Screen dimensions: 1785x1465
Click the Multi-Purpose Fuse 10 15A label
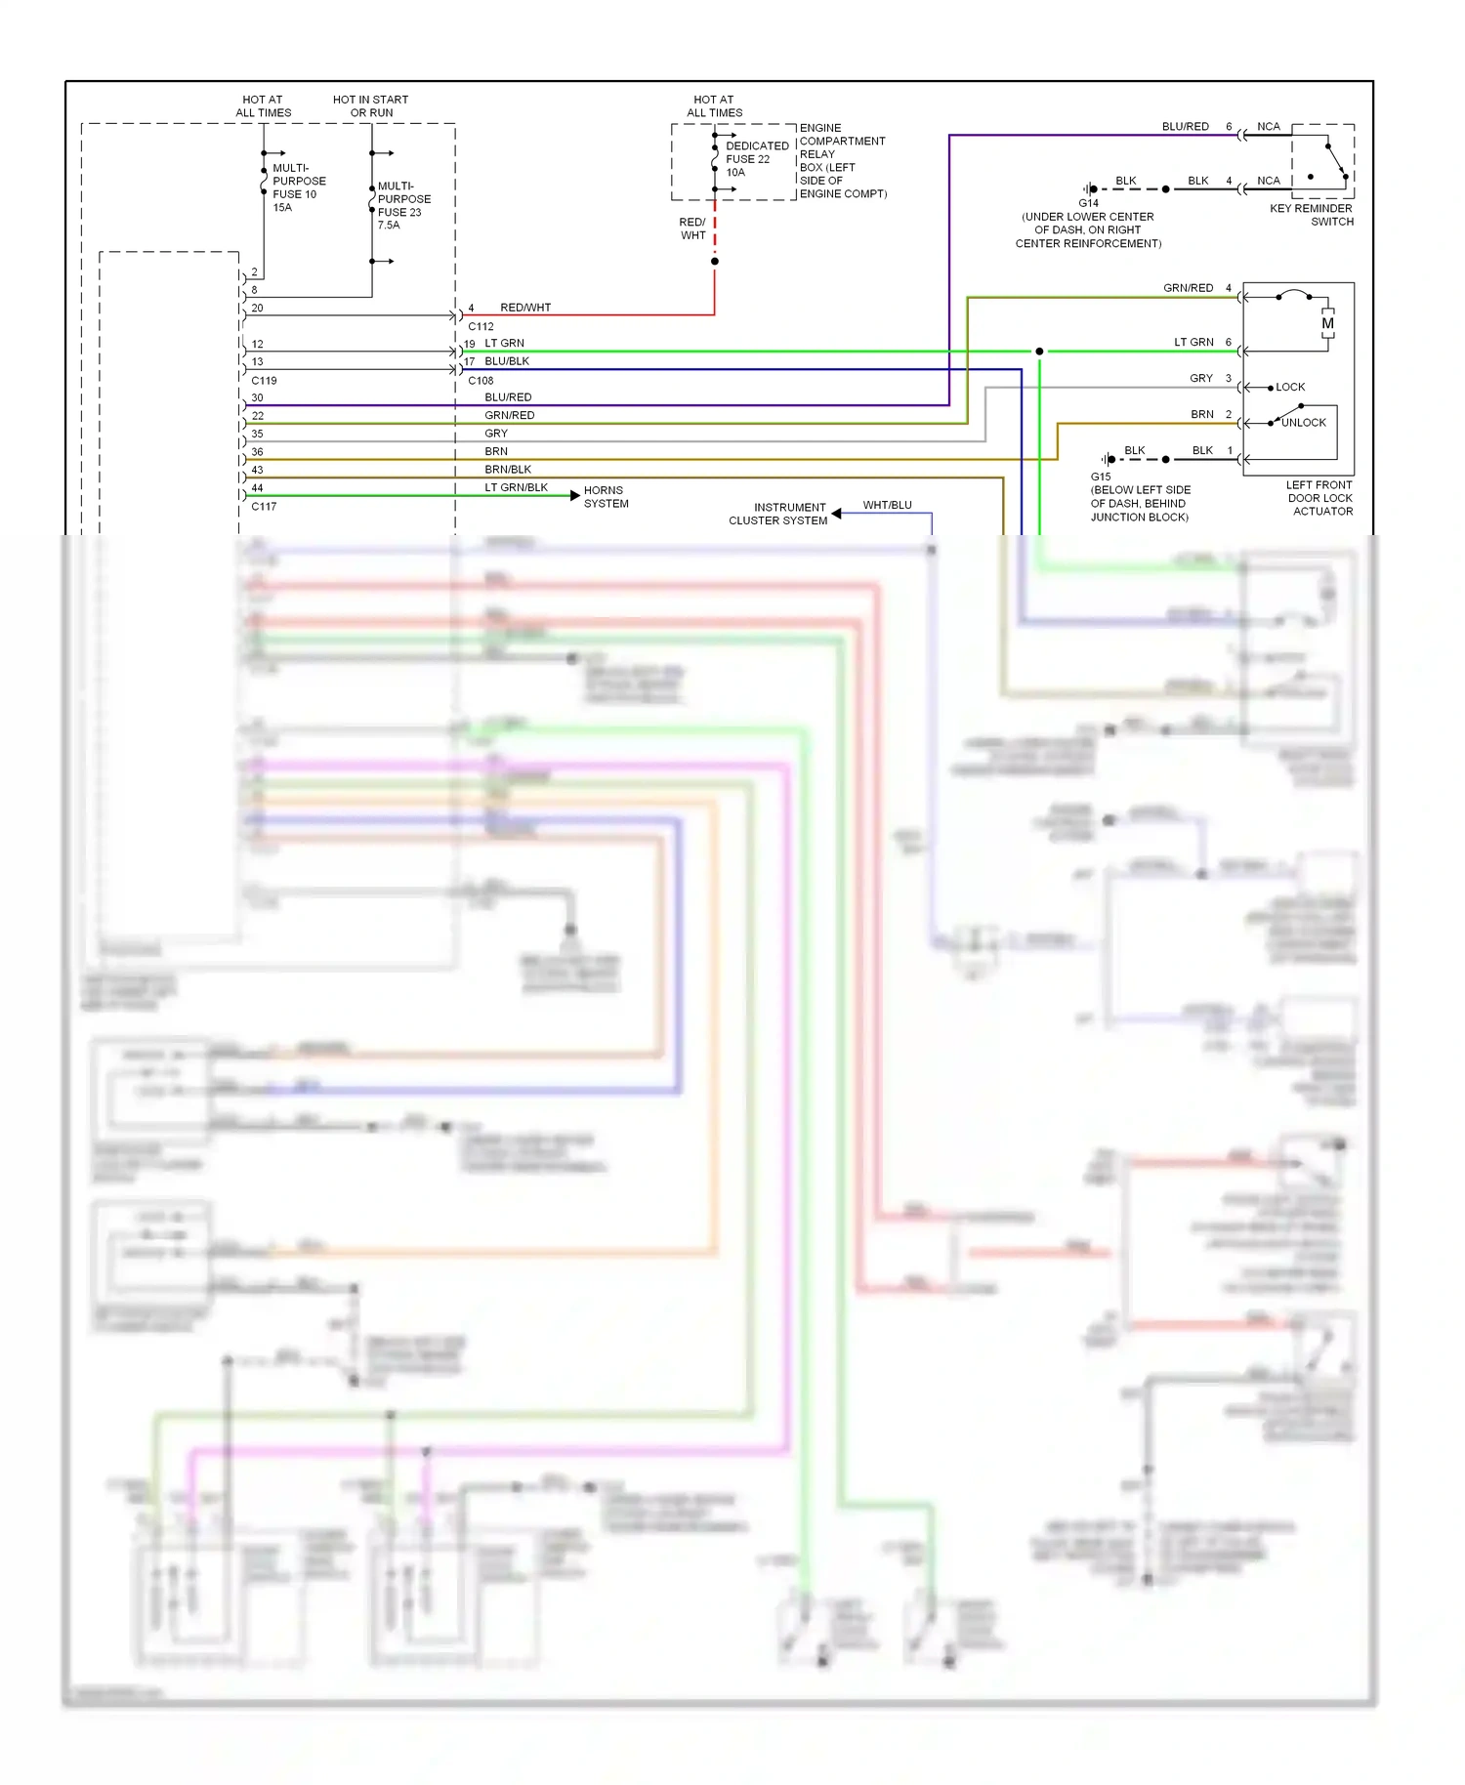point(298,187)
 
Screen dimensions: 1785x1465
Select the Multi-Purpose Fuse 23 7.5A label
point(403,205)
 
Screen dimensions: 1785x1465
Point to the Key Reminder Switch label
point(1312,215)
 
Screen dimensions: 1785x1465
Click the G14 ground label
point(1088,203)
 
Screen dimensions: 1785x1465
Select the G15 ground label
point(1101,477)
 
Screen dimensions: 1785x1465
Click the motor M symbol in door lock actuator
point(1327,323)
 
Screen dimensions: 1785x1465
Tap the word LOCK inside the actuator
point(1290,388)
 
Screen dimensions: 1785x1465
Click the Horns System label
point(606,497)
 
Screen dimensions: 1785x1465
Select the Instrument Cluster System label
point(777,514)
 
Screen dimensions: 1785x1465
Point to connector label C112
point(481,327)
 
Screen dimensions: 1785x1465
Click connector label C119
point(264,381)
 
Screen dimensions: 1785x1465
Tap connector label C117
point(264,507)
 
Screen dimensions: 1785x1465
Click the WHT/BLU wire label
point(887,505)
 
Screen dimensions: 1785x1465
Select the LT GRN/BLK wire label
point(516,487)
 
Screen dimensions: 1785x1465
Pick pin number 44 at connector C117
point(257,488)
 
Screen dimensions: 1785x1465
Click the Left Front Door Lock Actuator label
point(1319,498)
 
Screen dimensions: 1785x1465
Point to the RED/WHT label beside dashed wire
point(692,228)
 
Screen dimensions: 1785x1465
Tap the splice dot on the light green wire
point(1039,352)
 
